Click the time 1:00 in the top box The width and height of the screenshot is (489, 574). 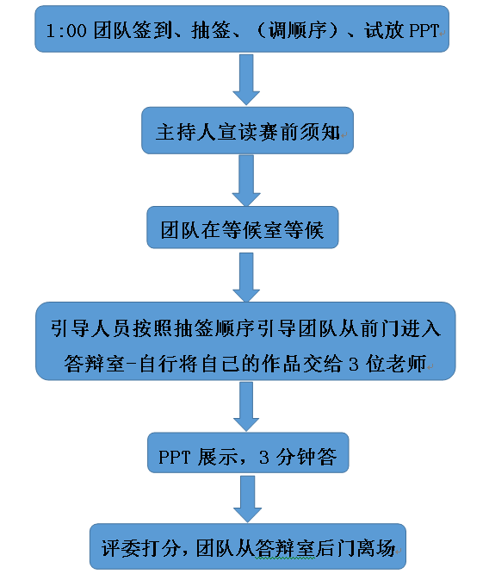(x=66, y=30)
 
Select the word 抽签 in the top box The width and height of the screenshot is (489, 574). (x=210, y=30)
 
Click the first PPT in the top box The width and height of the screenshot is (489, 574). (x=424, y=31)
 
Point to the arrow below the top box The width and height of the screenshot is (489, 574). (x=246, y=79)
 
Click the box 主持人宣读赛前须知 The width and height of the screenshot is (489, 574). (x=247, y=130)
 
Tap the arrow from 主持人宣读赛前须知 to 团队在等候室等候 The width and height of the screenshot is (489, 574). (x=246, y=180)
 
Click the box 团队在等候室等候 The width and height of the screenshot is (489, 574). (x=243, y=228)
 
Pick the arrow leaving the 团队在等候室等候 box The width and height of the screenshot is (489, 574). (x=246, y=278)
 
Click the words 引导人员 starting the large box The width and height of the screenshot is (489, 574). (x=91, y=328)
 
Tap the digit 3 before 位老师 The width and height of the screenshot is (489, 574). (x=353, y=365)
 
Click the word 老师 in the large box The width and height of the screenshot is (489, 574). (x=406, y=364)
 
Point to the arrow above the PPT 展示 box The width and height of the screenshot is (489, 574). (x=246, y=407)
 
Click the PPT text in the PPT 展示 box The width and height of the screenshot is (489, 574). (x=174, y=458)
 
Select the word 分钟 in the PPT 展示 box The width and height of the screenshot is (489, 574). (x=296, y=457)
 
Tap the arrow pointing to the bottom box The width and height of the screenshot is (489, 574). (x=247, y=499)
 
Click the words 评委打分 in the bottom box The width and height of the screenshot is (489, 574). (x=141, y=548)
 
